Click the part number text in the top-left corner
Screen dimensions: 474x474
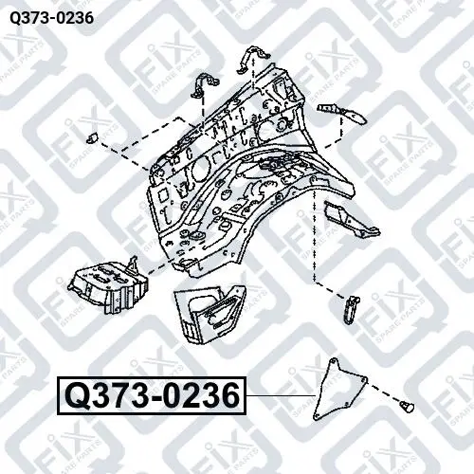tap(51, 18)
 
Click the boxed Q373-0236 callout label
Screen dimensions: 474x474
tap(152, 395)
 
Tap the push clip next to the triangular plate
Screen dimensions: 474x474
tap(406, 407)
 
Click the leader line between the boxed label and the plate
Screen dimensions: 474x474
tap(281, 395)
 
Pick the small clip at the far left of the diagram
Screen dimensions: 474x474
tap(92, 137)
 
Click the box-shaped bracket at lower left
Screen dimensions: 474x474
tap(107, 286)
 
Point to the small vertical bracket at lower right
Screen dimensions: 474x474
tap(351, 309)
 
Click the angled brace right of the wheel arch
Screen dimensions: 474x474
tap(351, 218)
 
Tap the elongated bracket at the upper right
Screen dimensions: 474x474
tap(341, 113)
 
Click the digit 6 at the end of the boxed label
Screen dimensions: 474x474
tap(230, 395)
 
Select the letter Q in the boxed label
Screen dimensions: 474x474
tap(76, 396)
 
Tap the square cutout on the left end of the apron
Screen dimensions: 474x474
tap(164, 195)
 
